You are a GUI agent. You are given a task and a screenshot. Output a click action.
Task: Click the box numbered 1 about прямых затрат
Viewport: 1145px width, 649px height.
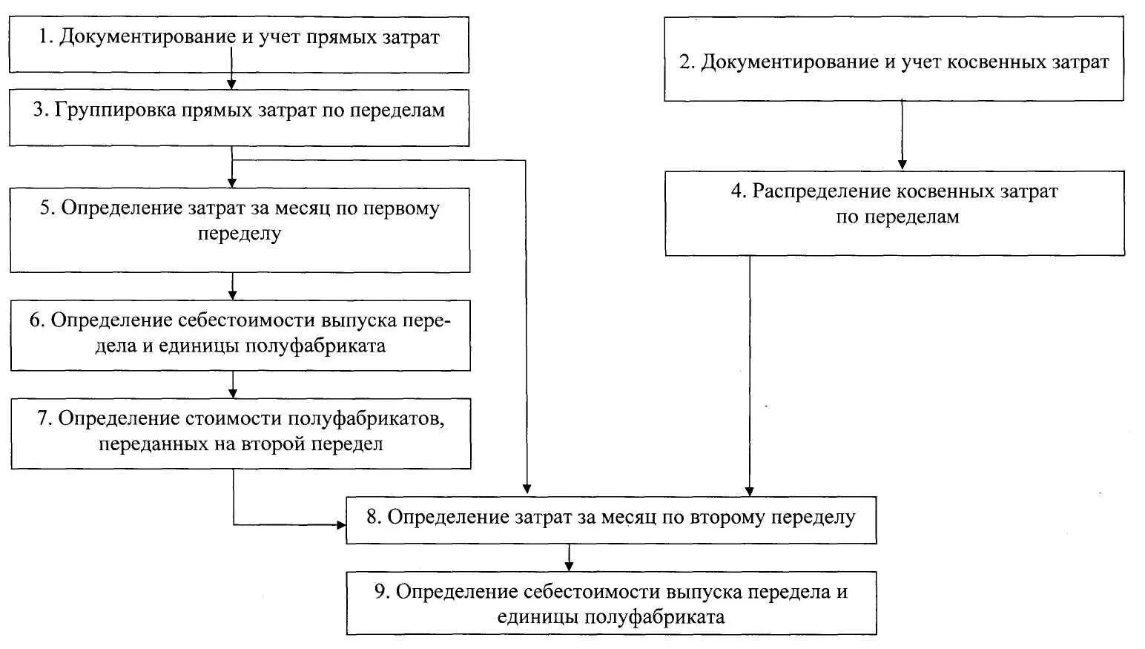click(239, 45)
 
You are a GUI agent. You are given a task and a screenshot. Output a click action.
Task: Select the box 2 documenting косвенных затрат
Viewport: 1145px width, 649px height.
click(894, 59)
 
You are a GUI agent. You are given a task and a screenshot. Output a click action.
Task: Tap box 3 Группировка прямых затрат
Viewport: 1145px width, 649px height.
click(239, 117)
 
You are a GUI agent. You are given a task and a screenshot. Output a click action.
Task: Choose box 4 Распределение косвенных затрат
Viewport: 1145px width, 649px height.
click(894, 213)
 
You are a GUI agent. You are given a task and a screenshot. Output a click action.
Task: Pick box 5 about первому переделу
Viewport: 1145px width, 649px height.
click(240, 229)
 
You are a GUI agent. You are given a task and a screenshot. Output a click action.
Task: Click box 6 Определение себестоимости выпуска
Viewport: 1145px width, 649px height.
click(240, 335)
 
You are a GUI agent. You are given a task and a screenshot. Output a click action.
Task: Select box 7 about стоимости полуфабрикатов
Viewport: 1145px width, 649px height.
click(240, 433)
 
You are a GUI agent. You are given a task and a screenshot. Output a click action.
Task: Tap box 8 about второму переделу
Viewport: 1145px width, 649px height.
click(611, 519)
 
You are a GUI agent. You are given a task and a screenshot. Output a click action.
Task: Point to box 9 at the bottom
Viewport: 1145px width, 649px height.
click(611, 602)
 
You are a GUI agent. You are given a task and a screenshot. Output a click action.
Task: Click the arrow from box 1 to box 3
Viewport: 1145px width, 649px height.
click(232, 81)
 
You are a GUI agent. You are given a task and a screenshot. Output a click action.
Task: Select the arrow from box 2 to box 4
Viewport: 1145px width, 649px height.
click(902, 135)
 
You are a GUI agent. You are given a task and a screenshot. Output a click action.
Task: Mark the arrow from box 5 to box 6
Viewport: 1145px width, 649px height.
click(233, 286)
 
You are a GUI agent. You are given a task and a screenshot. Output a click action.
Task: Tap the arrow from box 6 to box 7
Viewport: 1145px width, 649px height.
click(233, 384)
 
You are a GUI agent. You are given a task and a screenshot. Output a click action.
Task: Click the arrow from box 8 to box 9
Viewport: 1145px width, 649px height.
click(569, 557)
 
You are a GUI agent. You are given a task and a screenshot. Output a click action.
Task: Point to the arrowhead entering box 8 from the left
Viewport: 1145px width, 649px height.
click(340, 525)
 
